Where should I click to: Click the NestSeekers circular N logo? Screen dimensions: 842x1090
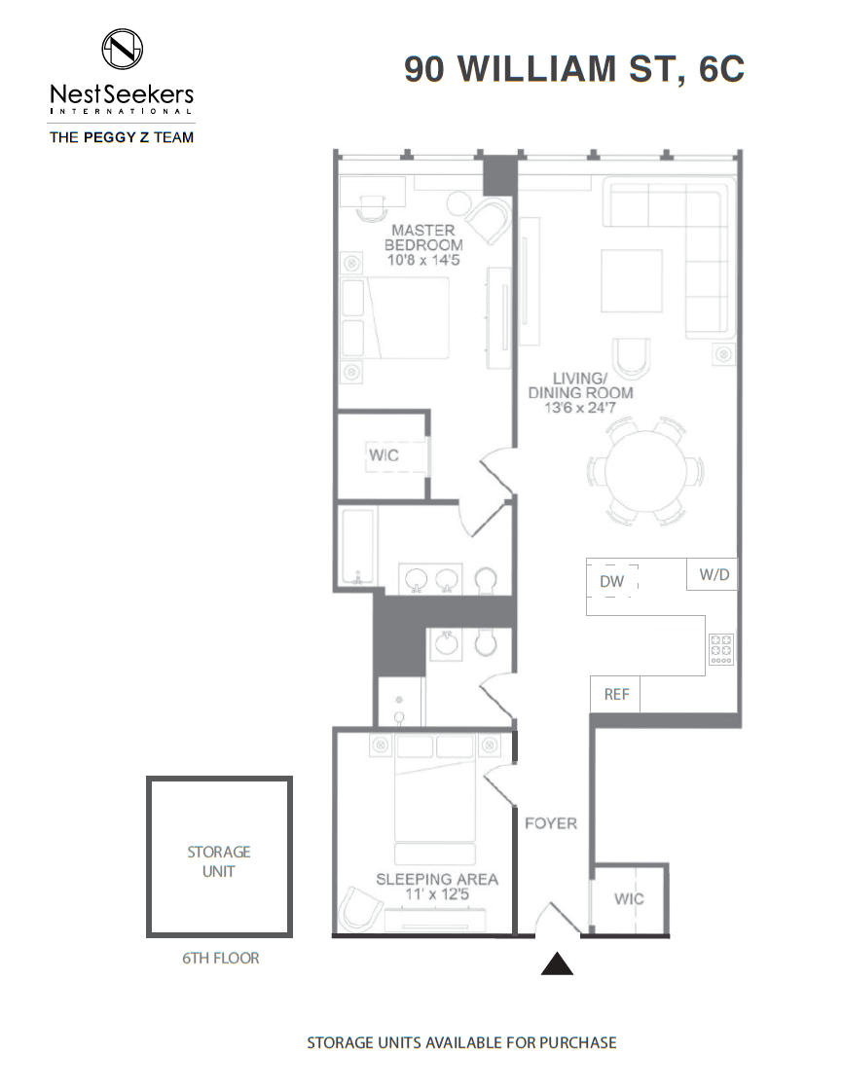coord(123,49)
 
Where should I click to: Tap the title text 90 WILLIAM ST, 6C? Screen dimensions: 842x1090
coord(574,69)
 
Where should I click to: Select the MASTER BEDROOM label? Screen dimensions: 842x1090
coord(423,237)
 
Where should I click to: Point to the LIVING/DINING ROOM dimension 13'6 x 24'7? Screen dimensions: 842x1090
coord(580,408)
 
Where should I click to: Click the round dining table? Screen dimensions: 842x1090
coord(645,471)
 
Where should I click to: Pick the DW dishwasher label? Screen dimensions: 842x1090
coord(612,581)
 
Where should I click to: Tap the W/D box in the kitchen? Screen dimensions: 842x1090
coord(712,574)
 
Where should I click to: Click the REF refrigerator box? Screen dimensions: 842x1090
coord(615,694)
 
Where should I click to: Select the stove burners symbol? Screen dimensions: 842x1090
coord(721,649)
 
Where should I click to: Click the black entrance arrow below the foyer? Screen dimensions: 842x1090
coord(557,963)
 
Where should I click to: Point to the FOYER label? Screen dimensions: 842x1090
coord(551,823)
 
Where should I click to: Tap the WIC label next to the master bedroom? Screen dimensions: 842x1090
coord(384,455)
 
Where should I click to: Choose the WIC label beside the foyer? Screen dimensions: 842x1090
coord(629,899)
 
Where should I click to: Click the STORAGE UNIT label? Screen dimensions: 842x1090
coord(219,861)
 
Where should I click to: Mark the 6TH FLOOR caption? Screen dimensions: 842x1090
coord(220,958)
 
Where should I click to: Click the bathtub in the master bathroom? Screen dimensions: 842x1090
coord(357,546)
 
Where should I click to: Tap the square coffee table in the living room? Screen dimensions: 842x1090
coord(632,281)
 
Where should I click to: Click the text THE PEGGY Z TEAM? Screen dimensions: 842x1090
coord(122,137)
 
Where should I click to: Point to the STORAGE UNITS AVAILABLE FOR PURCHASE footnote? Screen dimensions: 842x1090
coord(461,1042)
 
